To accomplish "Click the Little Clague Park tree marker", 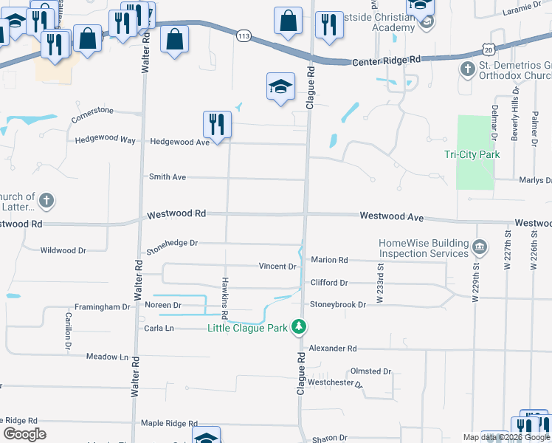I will point(298,326).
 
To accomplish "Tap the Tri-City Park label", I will point(472,154).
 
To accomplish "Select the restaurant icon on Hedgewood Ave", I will point(215,126).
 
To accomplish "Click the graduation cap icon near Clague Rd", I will point(280,88).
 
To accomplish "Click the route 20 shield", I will point(489,49).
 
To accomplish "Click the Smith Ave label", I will point(168,177).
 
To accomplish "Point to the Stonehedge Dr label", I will point(172,242).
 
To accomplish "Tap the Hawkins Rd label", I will point(224,292).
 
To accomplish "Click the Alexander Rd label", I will point(333,348).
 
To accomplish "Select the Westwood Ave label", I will point(392,216).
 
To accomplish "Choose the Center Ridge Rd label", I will point(386,60).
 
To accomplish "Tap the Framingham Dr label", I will point(103,306).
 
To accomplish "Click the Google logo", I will point(24,434).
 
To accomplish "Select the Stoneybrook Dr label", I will point(338,304).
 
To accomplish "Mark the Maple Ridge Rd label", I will point(169,423).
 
